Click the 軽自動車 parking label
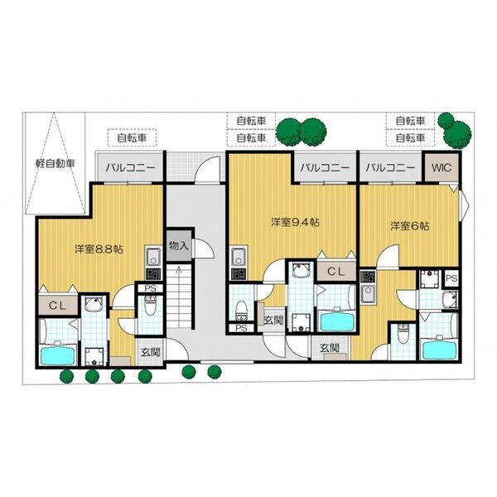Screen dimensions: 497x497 [55, 163]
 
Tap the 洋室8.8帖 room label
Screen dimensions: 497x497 [99, 249]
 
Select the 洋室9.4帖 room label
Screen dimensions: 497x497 [295, 222]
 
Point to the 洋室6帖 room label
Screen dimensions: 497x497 [410, 226]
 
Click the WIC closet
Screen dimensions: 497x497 [442, 167]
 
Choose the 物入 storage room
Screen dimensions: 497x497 [179, 246]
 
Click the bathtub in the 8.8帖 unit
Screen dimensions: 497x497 [58, 354]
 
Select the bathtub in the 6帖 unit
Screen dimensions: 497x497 [439, 347]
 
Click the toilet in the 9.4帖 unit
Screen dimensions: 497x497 [242, 310]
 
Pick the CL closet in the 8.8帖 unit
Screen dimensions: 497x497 [58, 306]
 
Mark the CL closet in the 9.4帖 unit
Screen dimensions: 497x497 [336, 272]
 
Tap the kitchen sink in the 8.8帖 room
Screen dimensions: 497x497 [153, 256]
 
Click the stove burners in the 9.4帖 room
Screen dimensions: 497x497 [239, 273]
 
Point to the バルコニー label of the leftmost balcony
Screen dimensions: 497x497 [131, 167]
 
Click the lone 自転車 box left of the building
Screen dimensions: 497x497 [132, 138]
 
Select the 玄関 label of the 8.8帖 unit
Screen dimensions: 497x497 [150, 352]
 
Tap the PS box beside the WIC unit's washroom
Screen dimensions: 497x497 [451, 278]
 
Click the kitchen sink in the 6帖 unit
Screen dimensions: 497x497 [368, 294]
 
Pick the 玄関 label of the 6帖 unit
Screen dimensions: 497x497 [330, 348]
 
